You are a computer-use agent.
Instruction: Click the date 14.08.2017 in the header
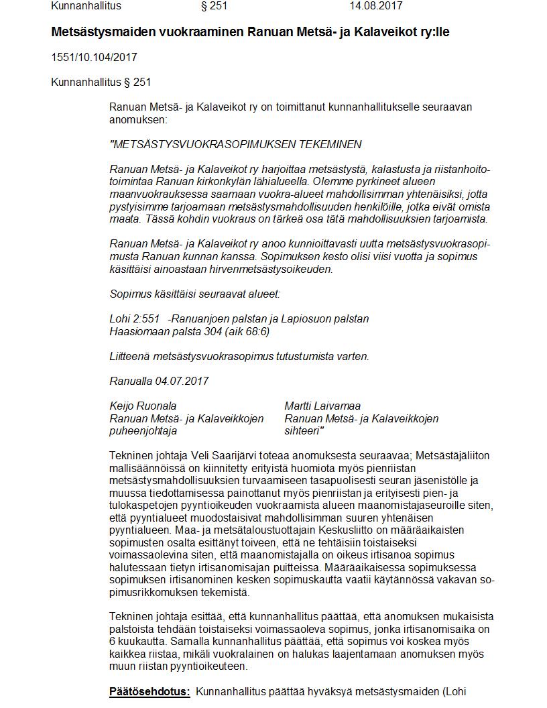[x=375, y=6]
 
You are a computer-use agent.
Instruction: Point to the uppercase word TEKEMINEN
[x=335, y=144]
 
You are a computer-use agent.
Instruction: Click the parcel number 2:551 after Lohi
[x=146, y=318]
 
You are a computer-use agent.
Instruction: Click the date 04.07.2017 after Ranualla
[x=182, y=381]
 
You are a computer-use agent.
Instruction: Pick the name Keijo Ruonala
[x=143, y=406]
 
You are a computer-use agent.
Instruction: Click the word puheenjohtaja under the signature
[x=143, y=431]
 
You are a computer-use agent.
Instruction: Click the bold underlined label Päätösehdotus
[x=149, y=691]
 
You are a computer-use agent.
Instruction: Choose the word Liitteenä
[x=131, y=356]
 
